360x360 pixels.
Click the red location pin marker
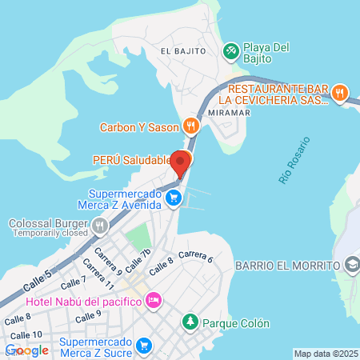click(x=180, y=163)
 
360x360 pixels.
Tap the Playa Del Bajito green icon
click(x=230, y=50)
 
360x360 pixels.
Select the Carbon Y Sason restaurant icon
click(x=190, y=126)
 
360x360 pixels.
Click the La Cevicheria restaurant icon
click(x=340, y=93)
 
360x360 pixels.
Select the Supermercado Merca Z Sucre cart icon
click(x=144, y=346)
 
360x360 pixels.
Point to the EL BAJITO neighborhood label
click(x=183, y=50)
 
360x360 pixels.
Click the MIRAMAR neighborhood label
click(x=229, y=112)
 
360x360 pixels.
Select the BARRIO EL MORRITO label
click(x=286, y=265)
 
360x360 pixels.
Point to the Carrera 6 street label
click(x=195, y=256)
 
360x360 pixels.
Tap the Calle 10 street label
click(x=27, y=334)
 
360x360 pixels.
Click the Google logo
click(x=27, y=350)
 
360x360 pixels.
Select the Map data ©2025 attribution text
click(x=325, y=354)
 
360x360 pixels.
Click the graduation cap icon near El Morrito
click(x=351, y=265)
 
